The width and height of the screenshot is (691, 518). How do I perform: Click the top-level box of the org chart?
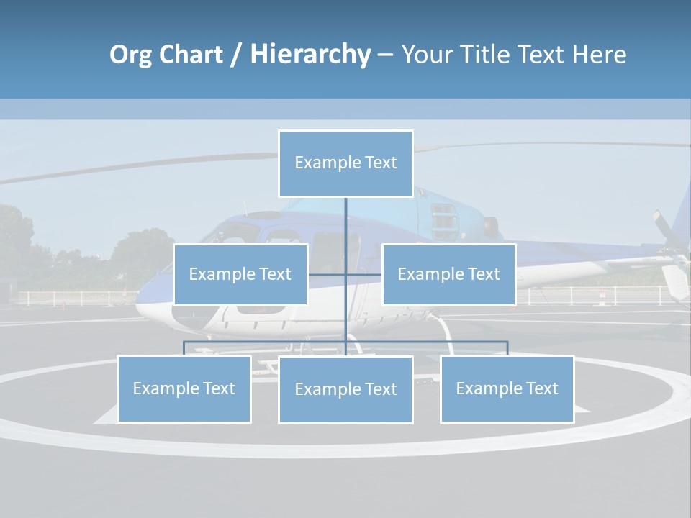[x=345, y=163]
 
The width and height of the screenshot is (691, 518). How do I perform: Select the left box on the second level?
[x=240, y=274]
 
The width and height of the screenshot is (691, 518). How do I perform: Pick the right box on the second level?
[x=448, y=274]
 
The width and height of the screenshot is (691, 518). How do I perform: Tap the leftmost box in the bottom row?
[x=184, y=388]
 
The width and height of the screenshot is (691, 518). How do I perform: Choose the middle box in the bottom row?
[x=345, y=389]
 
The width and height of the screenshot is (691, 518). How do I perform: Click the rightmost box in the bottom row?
[x=507, y=388]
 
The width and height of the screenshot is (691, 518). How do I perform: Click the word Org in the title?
[x=132, y=55]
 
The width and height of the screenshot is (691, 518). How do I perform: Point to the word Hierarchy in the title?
[x=310, y=55]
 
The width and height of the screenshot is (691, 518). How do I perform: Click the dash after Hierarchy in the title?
[x=385, y=55]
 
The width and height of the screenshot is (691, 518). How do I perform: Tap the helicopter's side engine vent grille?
[x=444, y=221]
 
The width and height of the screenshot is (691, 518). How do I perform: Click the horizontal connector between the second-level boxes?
[x=345, y=274]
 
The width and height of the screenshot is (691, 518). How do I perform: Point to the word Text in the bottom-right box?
[x=543, y=388]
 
